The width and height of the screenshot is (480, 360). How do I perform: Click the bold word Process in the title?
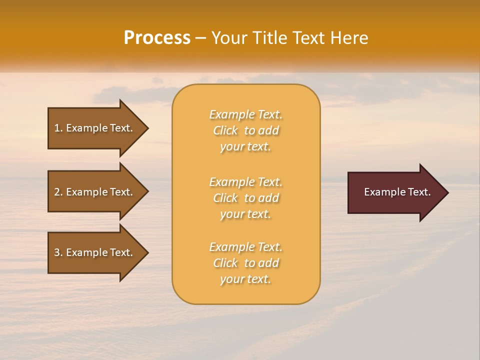[x=157, y=38]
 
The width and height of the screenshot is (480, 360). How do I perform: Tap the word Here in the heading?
[x=348, y=38]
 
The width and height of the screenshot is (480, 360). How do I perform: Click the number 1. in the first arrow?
[x=58, y=128]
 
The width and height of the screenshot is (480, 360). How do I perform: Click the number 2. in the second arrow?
[x=58, y=192]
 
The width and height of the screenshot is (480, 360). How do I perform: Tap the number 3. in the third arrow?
[x=58, y=252]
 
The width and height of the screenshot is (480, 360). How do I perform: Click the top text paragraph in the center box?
[x=246, y=130]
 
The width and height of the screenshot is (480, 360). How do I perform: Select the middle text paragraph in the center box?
[x=246, y=198]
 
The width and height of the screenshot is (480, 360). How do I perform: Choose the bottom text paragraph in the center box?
[x=246, y=263]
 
